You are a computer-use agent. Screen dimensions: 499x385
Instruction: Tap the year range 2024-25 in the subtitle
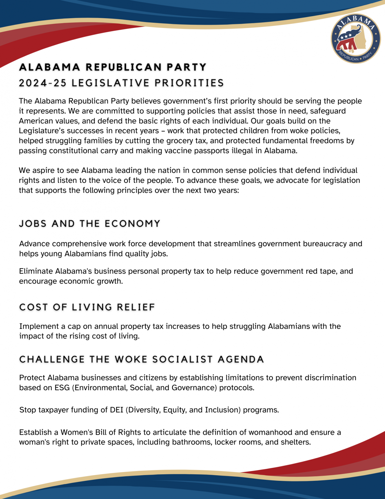(43, 83)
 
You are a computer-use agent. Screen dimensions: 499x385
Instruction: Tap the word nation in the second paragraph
(168, 171)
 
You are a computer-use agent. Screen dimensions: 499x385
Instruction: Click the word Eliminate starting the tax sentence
(36, 271)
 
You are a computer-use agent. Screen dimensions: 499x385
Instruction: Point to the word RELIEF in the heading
(136, 307)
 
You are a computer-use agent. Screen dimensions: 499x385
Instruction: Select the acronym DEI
(116, 410)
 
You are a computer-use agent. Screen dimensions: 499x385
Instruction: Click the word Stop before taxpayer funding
(28, 410)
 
